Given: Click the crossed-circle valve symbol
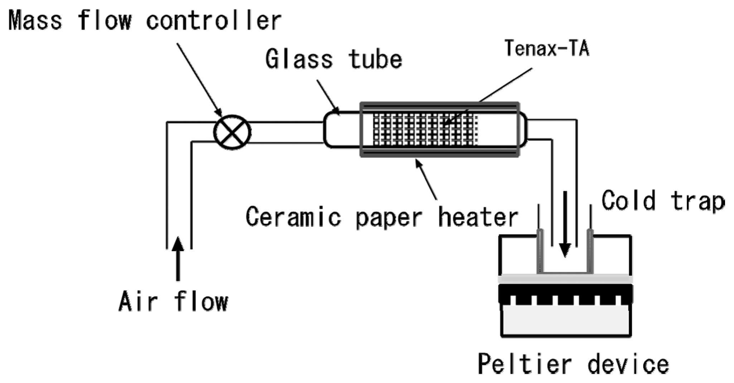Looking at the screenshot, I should coord(232,132).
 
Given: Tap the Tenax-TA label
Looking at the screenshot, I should coord(546,49).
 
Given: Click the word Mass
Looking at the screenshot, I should coord(35,20).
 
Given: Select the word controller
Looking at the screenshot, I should coord(213,21).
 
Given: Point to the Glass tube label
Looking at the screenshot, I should coord(333,59).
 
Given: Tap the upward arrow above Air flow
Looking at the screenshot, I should coord(178,258).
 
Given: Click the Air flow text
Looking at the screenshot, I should coord(173,302).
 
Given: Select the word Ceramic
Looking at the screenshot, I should coord(293,217).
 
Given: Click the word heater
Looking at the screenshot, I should coord(478,217).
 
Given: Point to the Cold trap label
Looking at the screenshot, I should coord(662,201).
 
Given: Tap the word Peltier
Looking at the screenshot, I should coord(525,364).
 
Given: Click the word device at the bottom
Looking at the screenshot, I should coord(628,364).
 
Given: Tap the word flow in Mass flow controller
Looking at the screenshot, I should coord(105,20).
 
